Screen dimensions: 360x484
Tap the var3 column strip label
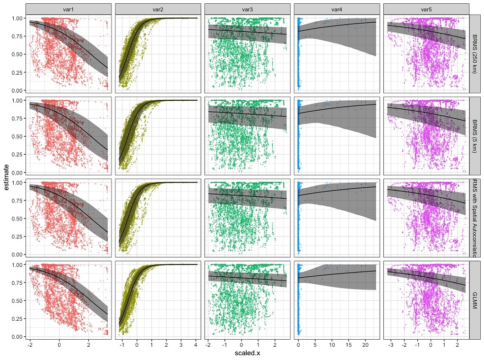point(247,9)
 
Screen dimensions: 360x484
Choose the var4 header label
point(337,9)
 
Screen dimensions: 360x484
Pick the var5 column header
point(426,9)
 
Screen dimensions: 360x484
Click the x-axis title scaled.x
point(247,353)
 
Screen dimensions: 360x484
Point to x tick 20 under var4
point(365,344)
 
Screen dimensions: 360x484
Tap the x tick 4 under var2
point(196,344)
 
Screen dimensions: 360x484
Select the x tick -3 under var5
point(390,344)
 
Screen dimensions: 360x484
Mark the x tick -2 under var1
point(29,344)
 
